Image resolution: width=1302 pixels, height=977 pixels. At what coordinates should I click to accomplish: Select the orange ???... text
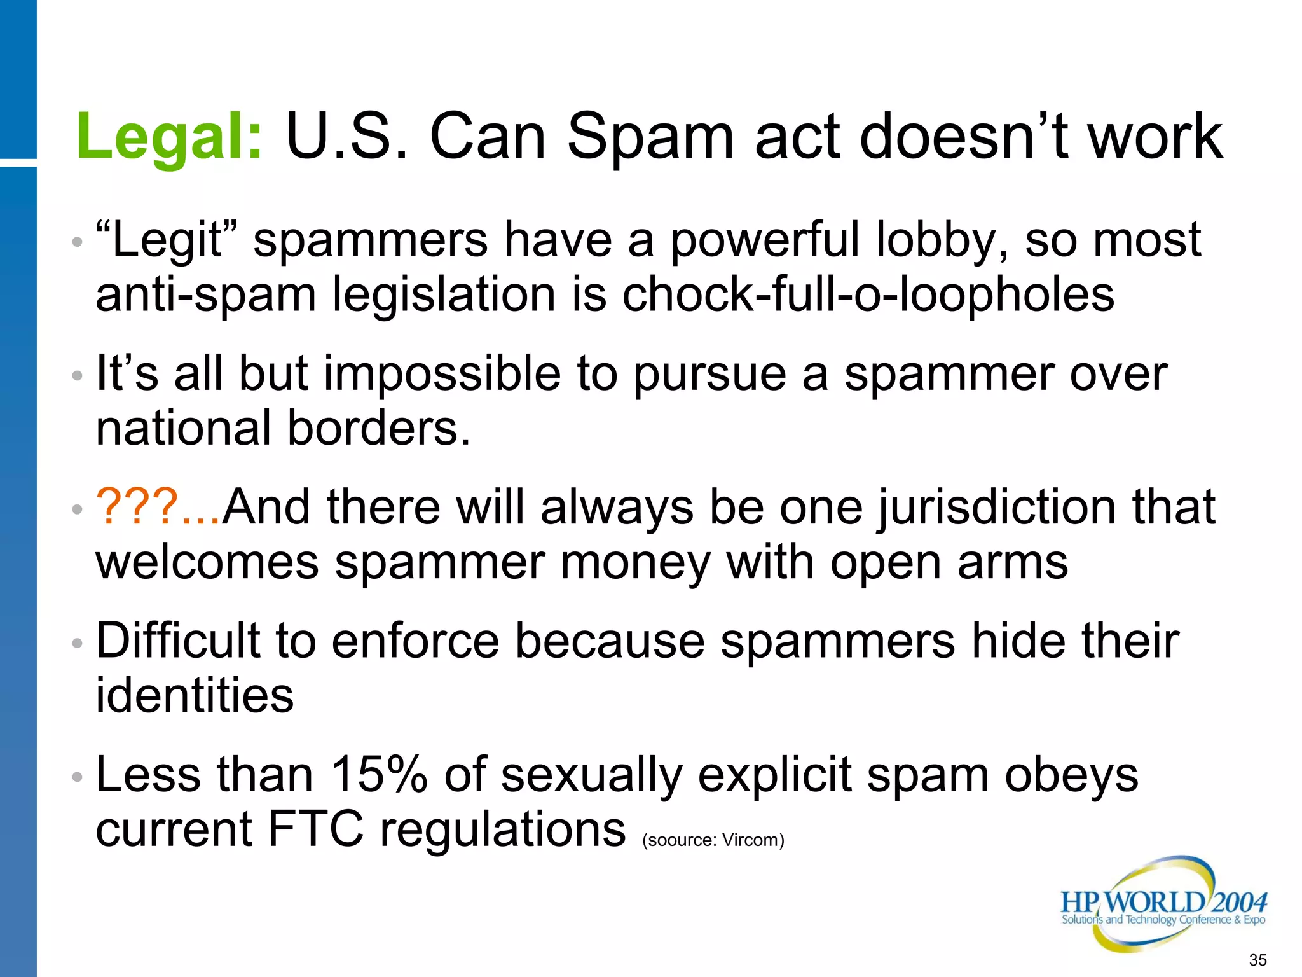point(158,507)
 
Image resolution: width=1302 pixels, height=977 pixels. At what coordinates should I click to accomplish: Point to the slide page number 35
point(1257,960)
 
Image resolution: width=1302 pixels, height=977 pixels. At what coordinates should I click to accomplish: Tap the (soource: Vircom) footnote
point(713,840)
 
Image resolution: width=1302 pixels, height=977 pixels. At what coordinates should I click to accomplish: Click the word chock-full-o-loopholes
point(868,294)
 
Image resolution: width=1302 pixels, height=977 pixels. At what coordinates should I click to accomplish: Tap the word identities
point(195,695)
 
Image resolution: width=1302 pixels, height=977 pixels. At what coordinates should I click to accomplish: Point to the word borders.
point(378,427)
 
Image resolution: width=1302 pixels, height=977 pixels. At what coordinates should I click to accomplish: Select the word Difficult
point(178,641)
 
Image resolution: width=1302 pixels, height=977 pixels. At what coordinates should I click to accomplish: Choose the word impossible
point(442,374)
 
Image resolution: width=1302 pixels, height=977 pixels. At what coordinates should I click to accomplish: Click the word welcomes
point(207,563)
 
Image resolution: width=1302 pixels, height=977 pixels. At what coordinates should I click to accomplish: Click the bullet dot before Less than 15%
point(77,777)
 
